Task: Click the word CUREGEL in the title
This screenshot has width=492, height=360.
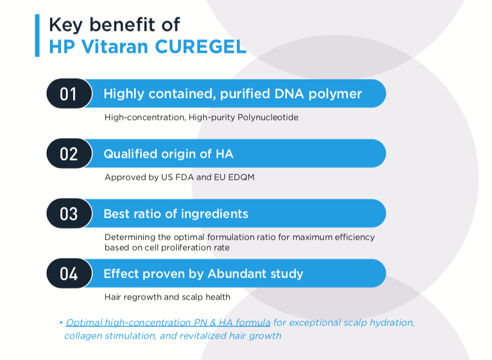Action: (201, 47)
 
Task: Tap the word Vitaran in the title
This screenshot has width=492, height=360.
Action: (115, 47)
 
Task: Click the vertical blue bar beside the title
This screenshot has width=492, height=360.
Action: (37, 35)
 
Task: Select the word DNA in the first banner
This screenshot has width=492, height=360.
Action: (289, 94)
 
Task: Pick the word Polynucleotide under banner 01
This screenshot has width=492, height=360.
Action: (268, 118)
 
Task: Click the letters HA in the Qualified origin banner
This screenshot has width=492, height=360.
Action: (224, 154)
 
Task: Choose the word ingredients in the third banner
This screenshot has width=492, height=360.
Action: (214, 214)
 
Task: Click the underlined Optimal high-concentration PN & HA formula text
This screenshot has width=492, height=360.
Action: (168, 323)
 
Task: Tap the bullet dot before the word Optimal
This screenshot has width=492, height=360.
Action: (61, 323)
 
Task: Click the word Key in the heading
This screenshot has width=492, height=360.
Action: (66, 25)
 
